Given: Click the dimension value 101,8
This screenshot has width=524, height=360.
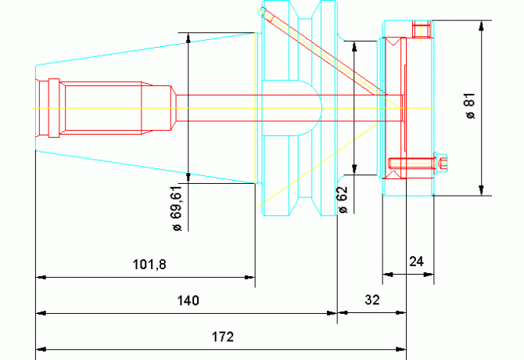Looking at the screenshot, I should (x=149, y=265).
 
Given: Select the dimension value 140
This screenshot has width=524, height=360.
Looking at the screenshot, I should (x=188, y=301).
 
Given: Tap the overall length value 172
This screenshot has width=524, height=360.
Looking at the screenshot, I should (x=223, y=337).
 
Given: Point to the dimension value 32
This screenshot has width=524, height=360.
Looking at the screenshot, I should (x=371, y=301).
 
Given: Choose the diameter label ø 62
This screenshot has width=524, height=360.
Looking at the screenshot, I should (x=342, y=200).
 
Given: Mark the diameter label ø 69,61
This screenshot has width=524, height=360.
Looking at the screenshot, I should (x=176, y=208).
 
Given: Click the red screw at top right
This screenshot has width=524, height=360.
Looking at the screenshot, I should (x=422, y=30).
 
